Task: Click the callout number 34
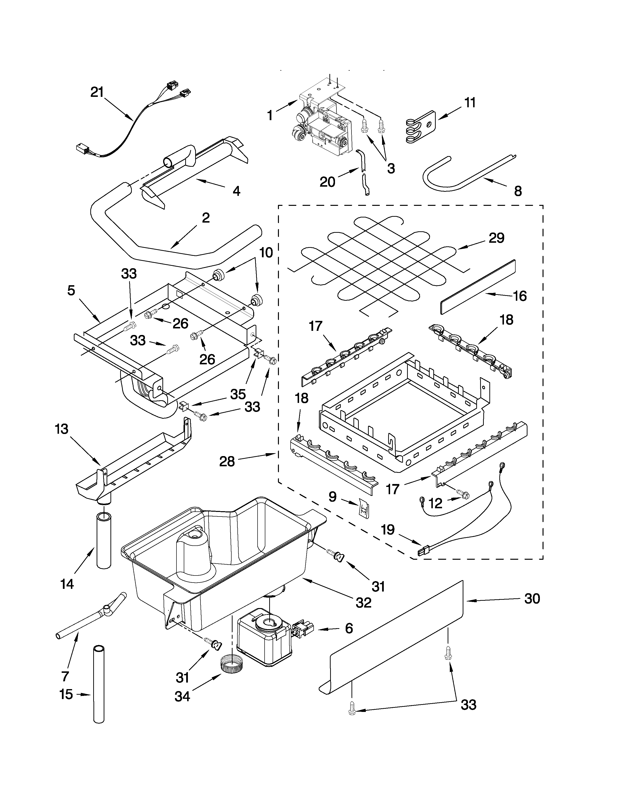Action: point(182,696)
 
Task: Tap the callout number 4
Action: point(236,191)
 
